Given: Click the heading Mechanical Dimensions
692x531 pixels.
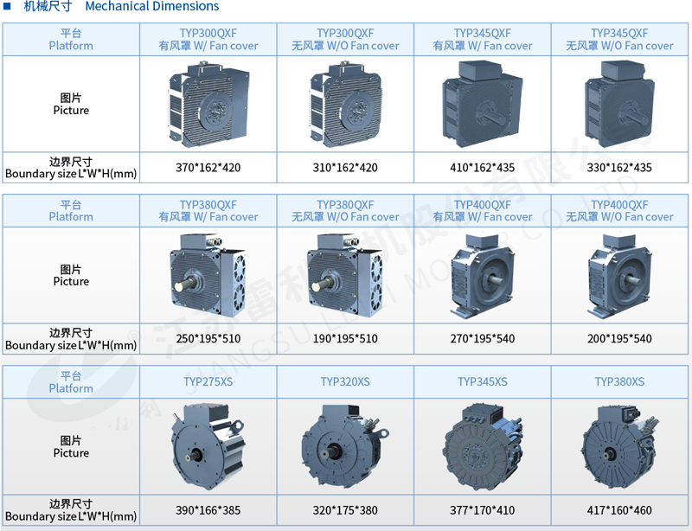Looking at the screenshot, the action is point(152,6).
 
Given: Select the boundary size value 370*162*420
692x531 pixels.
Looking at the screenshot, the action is point(208,168).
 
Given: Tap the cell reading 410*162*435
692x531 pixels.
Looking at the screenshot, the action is point(483,168).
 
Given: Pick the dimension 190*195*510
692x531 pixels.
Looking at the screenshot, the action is point(345,338).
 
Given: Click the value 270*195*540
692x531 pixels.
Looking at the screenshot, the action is point(483,338).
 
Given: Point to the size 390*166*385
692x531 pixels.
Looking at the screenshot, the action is point(208,510).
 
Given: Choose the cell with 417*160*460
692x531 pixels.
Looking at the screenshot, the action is point(619,510).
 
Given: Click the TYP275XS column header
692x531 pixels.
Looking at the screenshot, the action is point(208,381).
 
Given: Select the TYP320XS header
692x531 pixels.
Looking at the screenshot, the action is point(345,381).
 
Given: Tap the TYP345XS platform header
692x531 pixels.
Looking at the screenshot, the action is point(483,381).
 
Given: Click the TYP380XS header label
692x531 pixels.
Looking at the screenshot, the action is point(619,381).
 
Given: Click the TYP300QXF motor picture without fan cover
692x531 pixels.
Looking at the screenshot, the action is point(345,105).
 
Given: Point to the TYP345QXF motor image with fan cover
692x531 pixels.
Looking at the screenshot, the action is point(483,104).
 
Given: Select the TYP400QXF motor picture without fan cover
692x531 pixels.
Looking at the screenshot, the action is point(619,276).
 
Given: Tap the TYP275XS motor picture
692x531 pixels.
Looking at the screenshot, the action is point(208,445).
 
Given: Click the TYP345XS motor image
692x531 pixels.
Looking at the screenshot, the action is point(483,445).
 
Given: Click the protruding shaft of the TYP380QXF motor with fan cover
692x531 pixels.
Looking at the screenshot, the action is point(184,285).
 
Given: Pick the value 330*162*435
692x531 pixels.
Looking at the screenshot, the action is point(619,168).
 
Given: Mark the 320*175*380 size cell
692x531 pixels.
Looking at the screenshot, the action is point(345,510).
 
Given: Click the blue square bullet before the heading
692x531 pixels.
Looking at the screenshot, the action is point(7,6).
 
